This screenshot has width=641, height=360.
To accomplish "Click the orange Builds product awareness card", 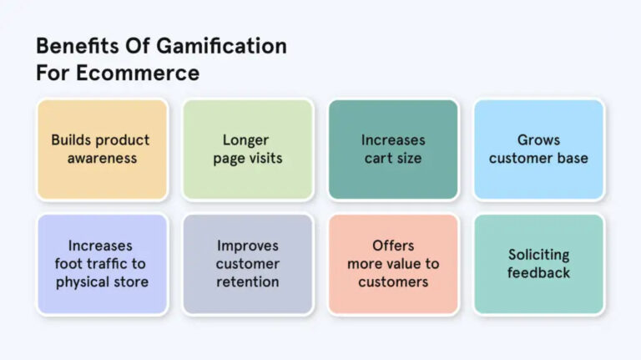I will (101, 149).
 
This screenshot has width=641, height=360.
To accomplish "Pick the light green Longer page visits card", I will (247, 149).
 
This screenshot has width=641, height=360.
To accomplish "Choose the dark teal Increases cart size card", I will (393, 149).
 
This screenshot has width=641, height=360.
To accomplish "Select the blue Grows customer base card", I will (538, 149).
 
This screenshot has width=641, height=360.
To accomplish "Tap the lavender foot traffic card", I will (101, 264).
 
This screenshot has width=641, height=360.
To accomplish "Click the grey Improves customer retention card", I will (247, 264).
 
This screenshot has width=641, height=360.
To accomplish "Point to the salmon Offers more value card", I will (393, 264).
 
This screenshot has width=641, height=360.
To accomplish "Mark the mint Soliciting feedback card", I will (538, 264).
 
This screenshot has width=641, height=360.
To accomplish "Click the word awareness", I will (101, 159).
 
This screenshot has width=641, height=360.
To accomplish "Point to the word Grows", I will (538, 139).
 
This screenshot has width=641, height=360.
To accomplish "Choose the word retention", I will (247, 281).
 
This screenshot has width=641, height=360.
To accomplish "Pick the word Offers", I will (393, 246).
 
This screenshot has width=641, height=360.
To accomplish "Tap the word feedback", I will (538, 273).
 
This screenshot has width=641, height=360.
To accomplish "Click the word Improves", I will (247, 246).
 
